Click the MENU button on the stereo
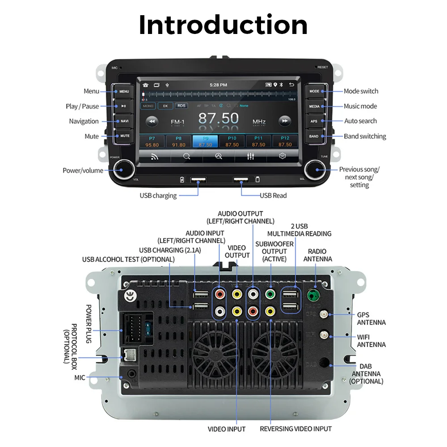tap(124, 91)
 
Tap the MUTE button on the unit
tap(124, 136)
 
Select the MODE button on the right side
tap(314, 91)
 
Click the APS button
tap(314, 121)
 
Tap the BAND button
tap(314, 136)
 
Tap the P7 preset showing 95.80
tap(152, 142)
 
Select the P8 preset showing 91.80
tap(179, 142)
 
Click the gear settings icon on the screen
tap(282, 156)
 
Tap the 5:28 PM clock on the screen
tap(219, 84)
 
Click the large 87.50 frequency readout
tap(219, 118)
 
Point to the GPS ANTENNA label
tap(371, 318)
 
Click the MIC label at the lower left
tap(80, 378)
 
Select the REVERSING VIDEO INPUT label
tap(296, 429)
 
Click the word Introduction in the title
tap(223, 25)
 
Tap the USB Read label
tap(273, 195)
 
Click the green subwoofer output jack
tap(270, 295)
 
